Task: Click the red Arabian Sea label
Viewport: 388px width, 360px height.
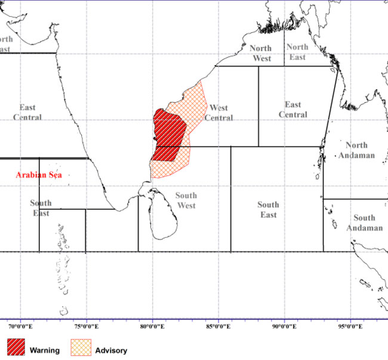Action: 39,176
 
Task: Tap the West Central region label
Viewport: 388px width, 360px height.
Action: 218,113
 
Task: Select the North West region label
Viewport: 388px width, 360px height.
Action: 260,53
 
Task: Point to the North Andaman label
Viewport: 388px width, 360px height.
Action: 356,150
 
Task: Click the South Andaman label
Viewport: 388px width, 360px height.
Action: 364,223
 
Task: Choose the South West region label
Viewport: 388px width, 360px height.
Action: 186,201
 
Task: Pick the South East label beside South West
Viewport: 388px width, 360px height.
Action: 268,210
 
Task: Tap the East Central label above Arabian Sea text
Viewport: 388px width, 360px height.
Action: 27,112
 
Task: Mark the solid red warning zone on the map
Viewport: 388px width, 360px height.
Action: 169,134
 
